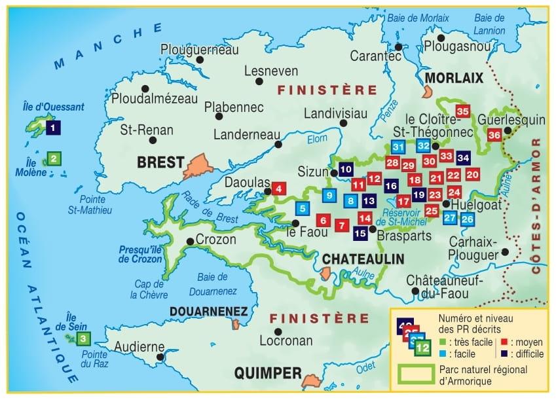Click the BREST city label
point(160,162)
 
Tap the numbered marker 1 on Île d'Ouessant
point(52,128)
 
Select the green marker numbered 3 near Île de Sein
point(83,338)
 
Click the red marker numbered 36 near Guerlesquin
point(494,135)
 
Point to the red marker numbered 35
point(463,112)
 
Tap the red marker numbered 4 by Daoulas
point(279,189)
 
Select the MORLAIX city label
point(454,78)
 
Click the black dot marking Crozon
point(190,241)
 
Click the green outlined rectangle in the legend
point(417,374)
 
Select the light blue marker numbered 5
point(302,209)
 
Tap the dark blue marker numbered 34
point(463,157)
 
